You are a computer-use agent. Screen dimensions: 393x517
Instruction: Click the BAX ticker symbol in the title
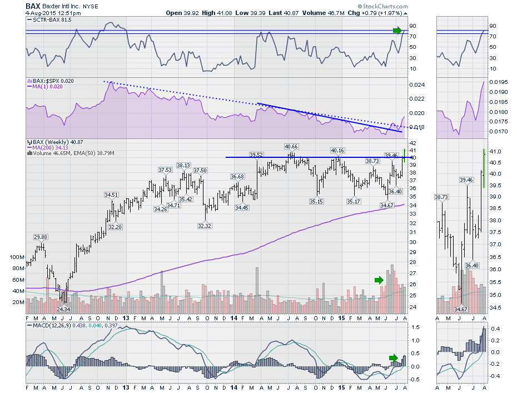33,6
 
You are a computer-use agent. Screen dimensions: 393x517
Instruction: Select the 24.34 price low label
63,309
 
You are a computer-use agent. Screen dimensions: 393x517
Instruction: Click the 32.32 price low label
205,226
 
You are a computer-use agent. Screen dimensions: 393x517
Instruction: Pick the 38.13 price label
183,165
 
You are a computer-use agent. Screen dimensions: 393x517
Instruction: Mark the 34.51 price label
112,195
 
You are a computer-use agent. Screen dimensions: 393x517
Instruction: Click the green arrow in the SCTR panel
396,30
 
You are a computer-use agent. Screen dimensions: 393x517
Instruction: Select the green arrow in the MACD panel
393,357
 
